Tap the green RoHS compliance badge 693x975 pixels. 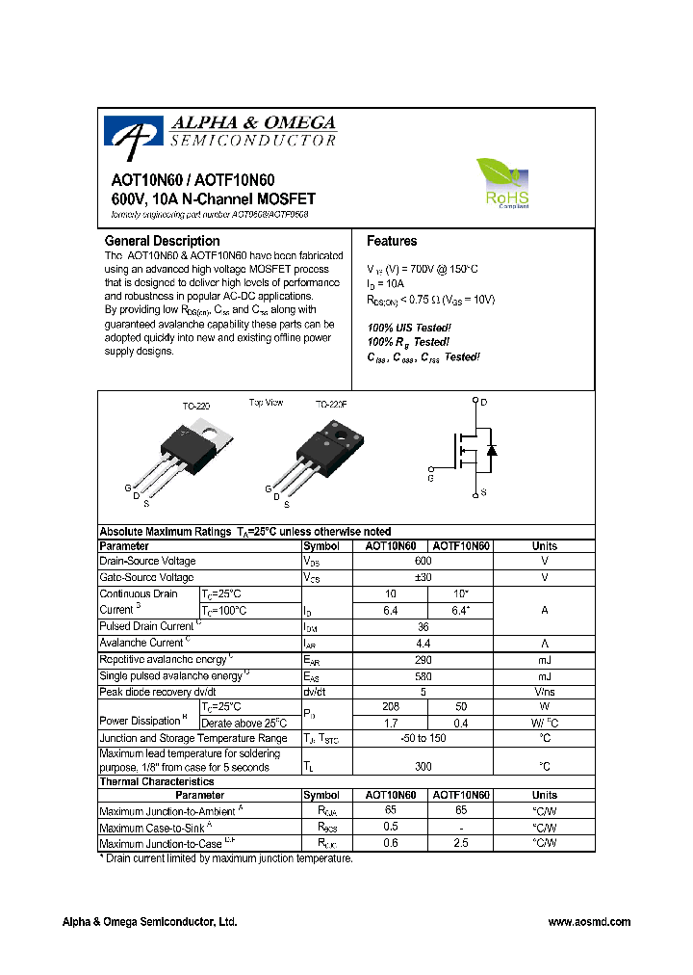[x=504, y=184]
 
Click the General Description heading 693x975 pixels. [x=162, y=241]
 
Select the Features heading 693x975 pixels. [x=392, y=241]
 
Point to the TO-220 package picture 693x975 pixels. [x=196, y=448]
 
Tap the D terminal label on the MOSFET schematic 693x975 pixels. [x=484, y=402]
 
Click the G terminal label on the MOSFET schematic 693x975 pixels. [x=430, y=478]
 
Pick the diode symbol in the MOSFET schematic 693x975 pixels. [x=492, y=450]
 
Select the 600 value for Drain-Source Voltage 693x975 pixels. [x=423, y=561]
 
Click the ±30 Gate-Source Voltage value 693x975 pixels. [x=423, y=577]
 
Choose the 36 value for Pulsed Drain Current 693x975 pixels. [x=423, y=626]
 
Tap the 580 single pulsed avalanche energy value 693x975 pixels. [x=423, y=675]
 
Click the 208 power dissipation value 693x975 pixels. [x=391, y=706]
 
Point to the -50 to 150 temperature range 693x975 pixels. [x=423, y=738]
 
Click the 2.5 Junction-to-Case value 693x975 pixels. [x=461, y=843]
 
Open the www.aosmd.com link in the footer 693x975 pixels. [x=589, y=922]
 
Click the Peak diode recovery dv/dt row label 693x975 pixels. [x=158, y=692]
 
